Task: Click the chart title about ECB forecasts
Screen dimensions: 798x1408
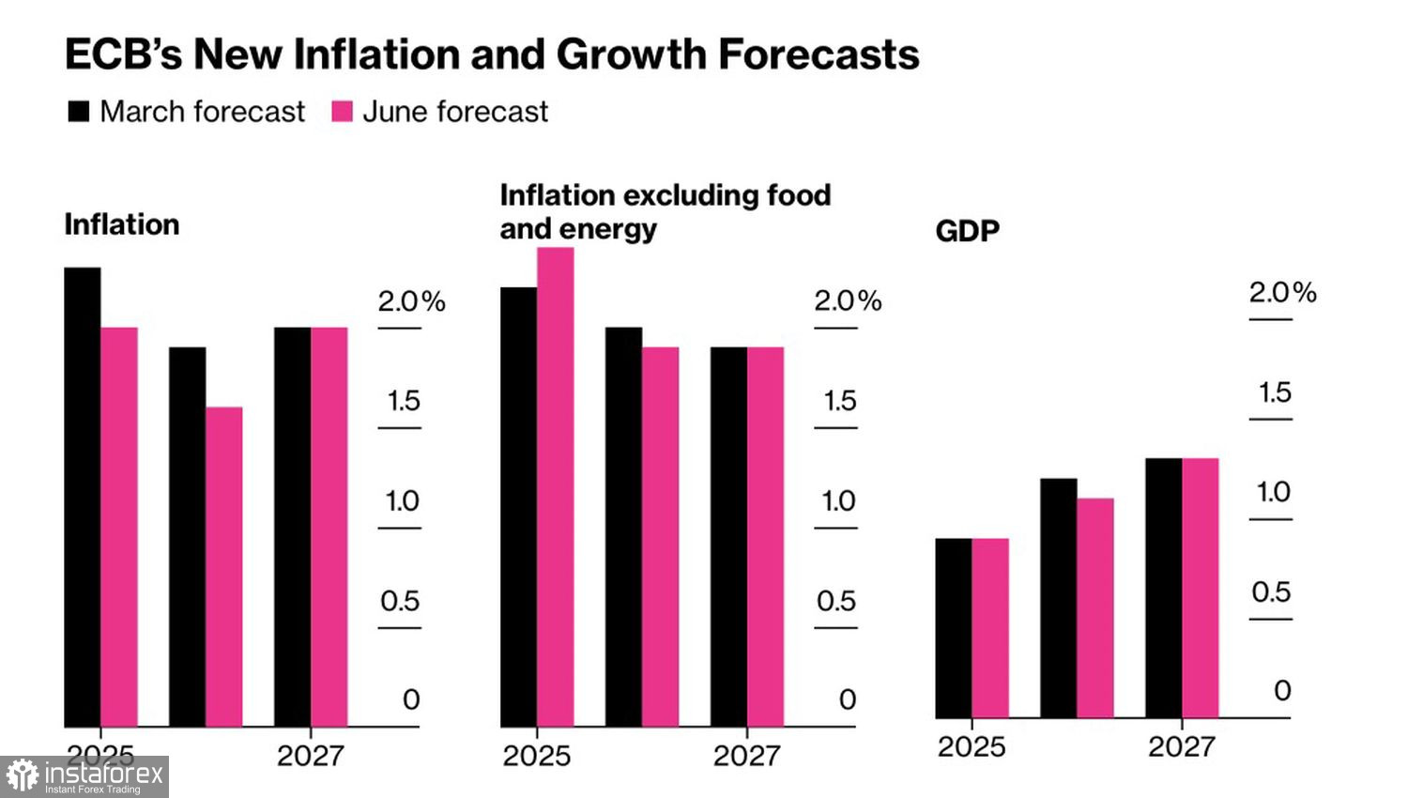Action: pos(492,54)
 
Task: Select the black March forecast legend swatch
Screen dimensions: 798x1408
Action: pos(79,112)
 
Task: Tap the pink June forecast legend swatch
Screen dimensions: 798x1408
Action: pos(343,112)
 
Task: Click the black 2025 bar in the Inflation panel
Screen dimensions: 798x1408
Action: pos(83,498)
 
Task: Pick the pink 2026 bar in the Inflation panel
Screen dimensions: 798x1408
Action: pos(224,567)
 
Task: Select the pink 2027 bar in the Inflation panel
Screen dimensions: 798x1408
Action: pos(329,527)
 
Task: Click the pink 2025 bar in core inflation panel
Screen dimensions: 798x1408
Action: pos(556,487)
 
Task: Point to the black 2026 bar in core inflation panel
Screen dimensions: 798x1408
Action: pos(623,527)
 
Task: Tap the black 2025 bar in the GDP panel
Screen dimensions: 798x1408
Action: pos(954,628)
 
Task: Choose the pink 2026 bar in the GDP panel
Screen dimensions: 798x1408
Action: pos(1095,608)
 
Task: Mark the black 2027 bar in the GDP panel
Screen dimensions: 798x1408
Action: pos(1164,588)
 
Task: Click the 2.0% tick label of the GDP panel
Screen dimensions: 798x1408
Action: pos(1282,293)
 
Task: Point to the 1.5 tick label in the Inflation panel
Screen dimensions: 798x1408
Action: pos(404,401)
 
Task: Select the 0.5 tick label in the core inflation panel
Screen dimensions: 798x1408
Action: pos(835,601)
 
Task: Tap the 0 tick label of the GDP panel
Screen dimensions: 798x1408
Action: pos(1282,691)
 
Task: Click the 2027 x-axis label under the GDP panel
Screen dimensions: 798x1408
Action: pos(1182,747)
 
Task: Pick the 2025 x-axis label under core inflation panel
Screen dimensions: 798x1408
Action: pos(536,756)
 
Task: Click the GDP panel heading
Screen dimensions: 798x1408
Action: pos(968,231)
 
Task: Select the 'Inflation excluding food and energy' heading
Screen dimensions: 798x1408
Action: pos(665,211)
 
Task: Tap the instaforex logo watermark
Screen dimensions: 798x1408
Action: pos(84,776)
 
